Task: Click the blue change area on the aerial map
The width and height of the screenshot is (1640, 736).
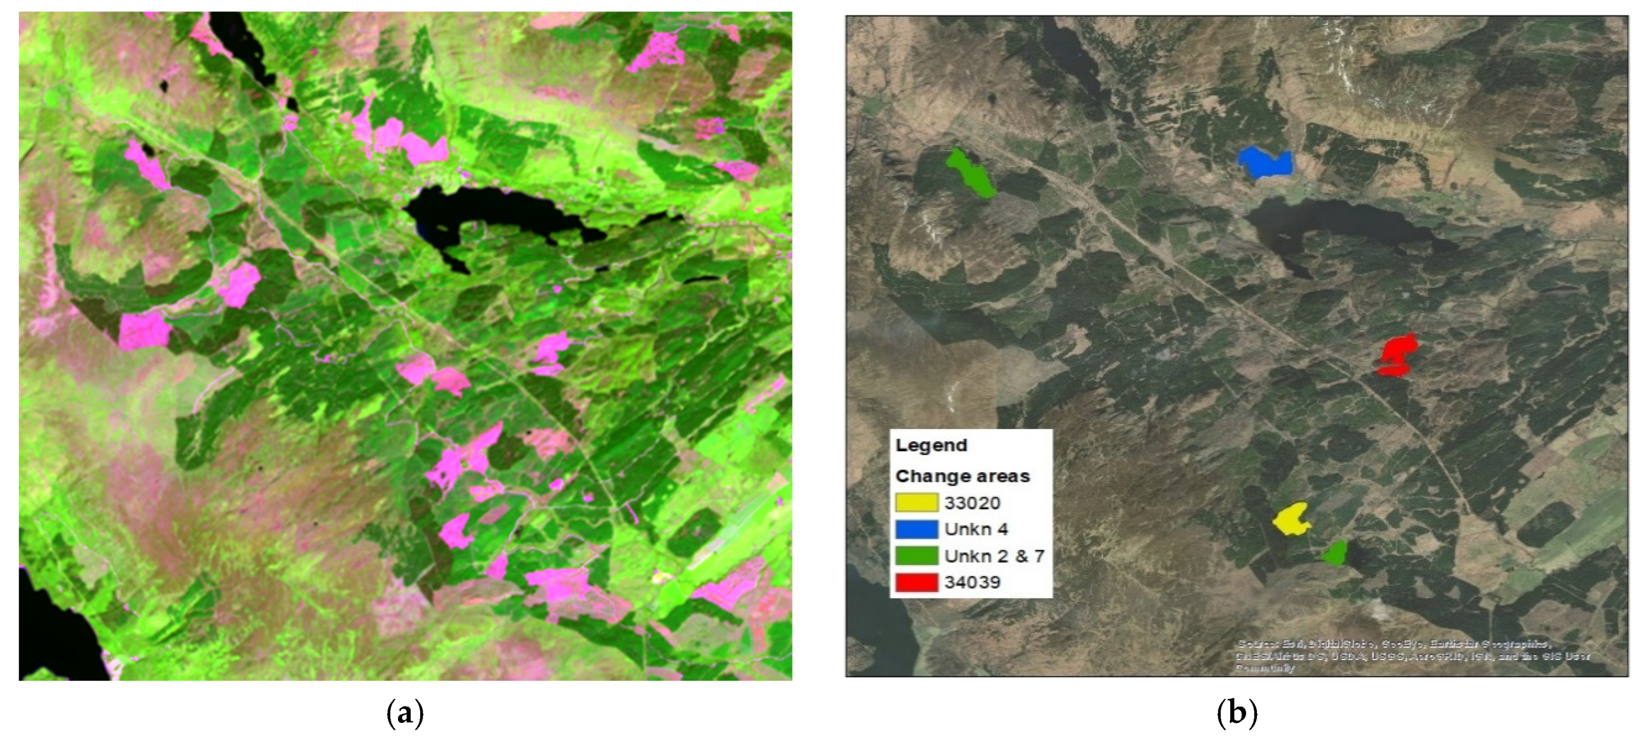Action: coord(1265,163)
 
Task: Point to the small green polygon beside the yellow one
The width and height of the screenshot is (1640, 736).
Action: coord(1334,553)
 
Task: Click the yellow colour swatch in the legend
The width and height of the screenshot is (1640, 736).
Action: coord(916,503)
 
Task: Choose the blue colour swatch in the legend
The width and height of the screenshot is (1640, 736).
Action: coord(916,529)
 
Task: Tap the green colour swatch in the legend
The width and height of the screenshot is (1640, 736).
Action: coord(916,556)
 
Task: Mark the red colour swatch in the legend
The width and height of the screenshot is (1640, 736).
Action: coord(916,582)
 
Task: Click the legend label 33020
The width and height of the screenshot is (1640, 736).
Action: coord(972,503)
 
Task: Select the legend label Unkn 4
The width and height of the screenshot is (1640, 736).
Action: coord(976,529)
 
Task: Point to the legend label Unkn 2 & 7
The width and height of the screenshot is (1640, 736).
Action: coord(994,556)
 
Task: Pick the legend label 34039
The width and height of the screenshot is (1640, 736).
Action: coord(972,582)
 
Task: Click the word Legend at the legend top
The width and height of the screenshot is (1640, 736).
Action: coord(931,445)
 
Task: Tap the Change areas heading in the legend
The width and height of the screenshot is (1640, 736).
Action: coord(962,476)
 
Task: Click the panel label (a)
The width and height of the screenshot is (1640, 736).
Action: coord(405,712)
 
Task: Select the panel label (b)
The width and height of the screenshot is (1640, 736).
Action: coord(1236,712)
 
